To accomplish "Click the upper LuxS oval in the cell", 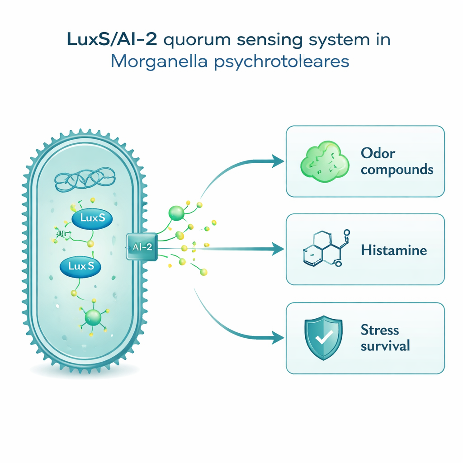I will pos(92,218).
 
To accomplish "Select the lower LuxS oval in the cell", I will pos(80,266).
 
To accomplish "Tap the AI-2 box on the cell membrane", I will pos(141,246).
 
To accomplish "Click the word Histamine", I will pos(393,250).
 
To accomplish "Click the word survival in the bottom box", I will pos(385,346).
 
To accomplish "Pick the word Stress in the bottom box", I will pos(380,330).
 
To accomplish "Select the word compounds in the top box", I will pos(397,170).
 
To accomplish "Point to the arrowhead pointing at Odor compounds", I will pos(278,161).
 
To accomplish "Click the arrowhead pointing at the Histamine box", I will pos(278,248).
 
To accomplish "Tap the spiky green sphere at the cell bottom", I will pos(92,317).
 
